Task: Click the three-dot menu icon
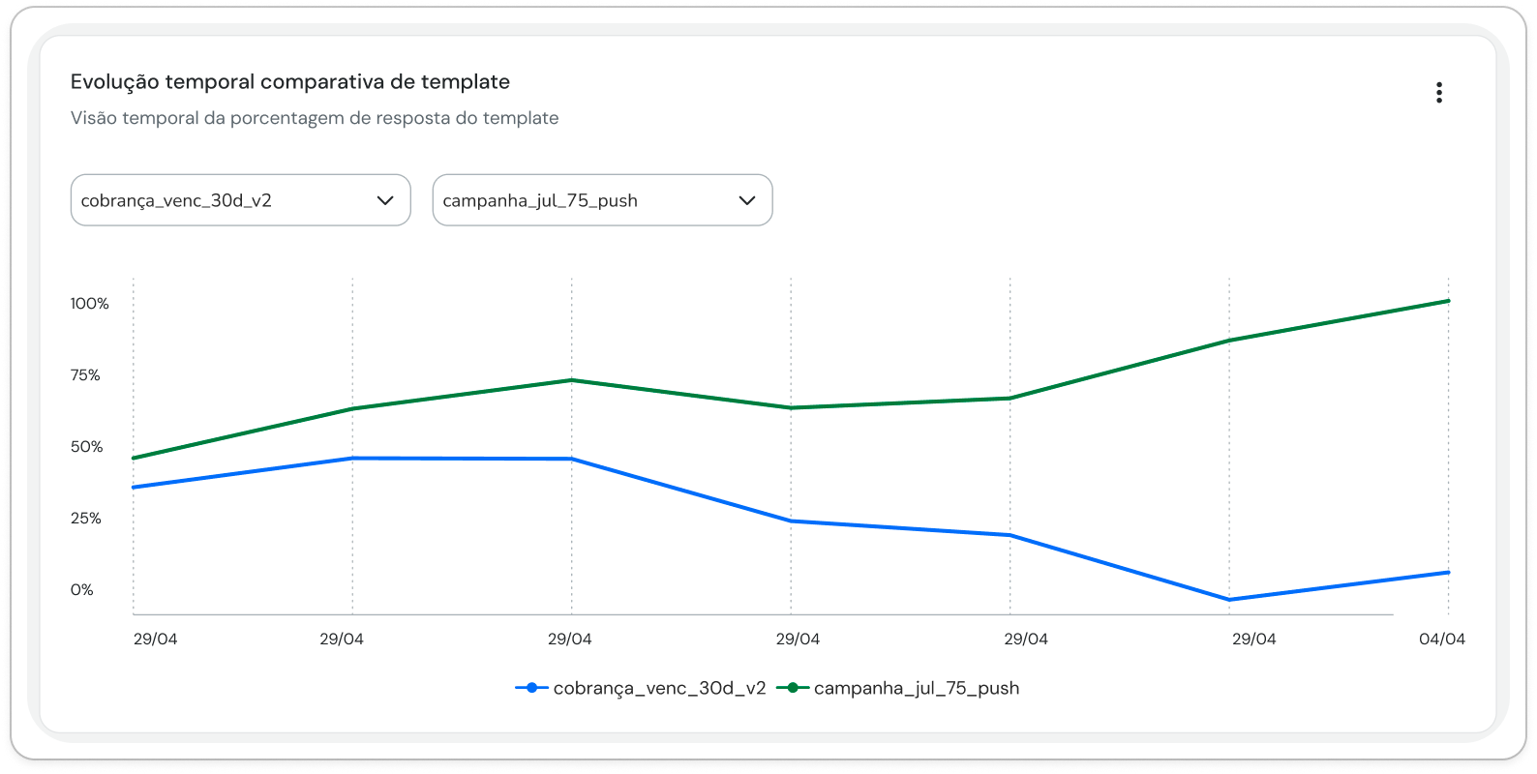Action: pyautogui.click(x=1439, y=92)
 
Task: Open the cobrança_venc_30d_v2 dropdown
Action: pyautogui.click(x=240, y=199)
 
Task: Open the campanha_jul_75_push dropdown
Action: pyautogui.click(x=602, y=199)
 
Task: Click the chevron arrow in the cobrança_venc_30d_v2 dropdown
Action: pyautogui.click(x=385, y=200)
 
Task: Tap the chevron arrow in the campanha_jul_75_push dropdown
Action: pyautogui.click(x=747, y=200)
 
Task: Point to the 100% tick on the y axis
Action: pyautogui.click(x=89, y=303)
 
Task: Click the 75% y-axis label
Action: pyautogui.click(x=85, y=374)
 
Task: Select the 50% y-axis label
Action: pyautogui.click(x=86, y=447)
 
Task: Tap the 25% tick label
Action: pyautogui.click(x=86, y=518)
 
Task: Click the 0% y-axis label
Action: pyautogui.click(x=81, y=589)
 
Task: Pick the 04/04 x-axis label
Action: pyautogui.click(x=1441, y=639)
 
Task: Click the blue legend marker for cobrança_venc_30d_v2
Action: pyautogui.click(x=531, y=688)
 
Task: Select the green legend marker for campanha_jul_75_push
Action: pyautogui.click(x=793, y=688)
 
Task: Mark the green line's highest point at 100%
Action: pyautogui.click(x=1449, y=301)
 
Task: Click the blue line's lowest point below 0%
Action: pyautogui.click(x=1229, y=600)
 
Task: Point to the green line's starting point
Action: pyautogui.click(x=134, y=458)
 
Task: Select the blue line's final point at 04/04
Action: pyautogui.click(x=1449, y=572)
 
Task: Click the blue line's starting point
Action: pyautogui.click(x=134, y=488)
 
